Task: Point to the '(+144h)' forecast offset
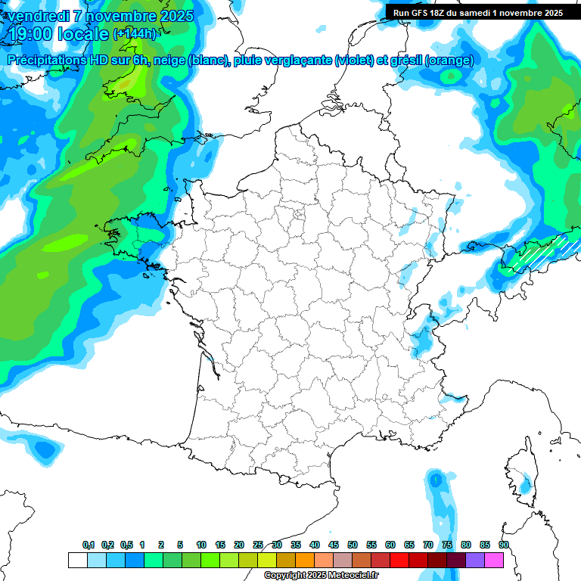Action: pyautogui.click(x=134, y=33)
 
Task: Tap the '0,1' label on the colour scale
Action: pyautogui.click(x=89, y=545)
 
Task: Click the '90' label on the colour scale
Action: pyautogui.click(x=504, y=545)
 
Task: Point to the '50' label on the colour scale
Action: pyautogui.click(x=353, y=545)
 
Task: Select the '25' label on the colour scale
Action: pyautogui.click(x=258, y=545)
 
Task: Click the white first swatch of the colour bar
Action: pyautogui.click(x=77, y=560)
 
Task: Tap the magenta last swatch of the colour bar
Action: pyautogui.click(x=494, y=560)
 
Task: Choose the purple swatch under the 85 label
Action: pyautogui.click(x=475, y=560)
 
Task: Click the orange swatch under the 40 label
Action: pyautogui.click(x=305, y=560)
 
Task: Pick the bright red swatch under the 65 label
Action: pyautogui.click(x=399, y=560)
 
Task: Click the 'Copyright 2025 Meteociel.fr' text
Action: pyautogui.click(x=321, y=576)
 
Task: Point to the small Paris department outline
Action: pyautogui.click(x=298, y=215)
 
